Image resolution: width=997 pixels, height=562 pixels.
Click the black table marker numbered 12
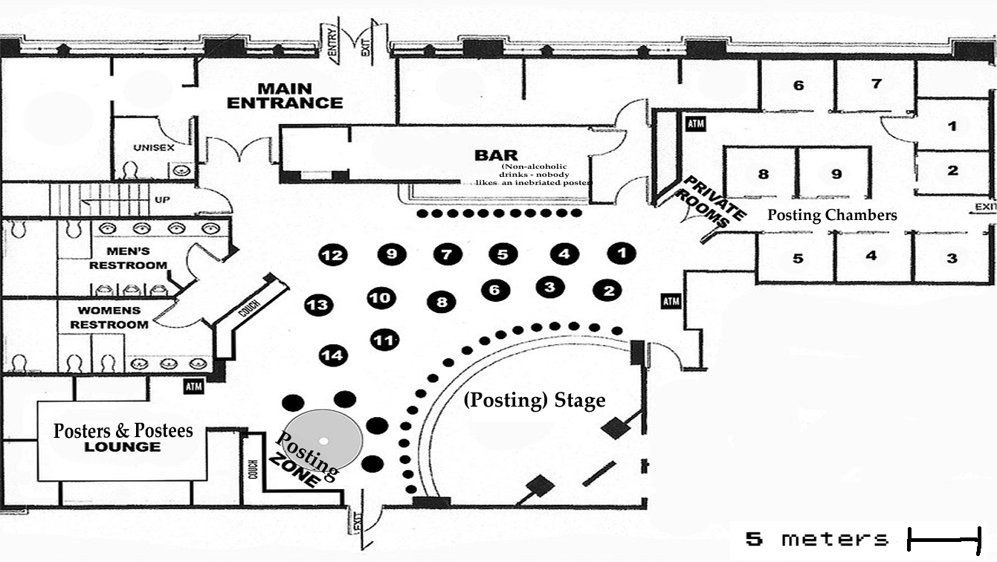333,256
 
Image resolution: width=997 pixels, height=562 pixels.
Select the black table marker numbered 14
333,355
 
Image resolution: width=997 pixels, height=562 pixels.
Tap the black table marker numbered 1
622,253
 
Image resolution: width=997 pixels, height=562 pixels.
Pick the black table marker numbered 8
442,302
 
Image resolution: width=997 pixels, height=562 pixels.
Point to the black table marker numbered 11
384,340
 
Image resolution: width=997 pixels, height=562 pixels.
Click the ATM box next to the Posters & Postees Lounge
194,387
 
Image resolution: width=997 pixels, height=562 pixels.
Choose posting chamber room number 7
876,83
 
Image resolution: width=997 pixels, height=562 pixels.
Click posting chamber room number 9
836,175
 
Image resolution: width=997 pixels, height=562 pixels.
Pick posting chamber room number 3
952,259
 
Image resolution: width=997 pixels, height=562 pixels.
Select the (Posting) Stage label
535,400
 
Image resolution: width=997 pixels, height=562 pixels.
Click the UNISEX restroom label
154,148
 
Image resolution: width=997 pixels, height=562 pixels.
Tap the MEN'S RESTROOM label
128,258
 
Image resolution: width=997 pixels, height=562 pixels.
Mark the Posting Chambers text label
832,216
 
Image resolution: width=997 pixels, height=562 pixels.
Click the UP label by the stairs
161,201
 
